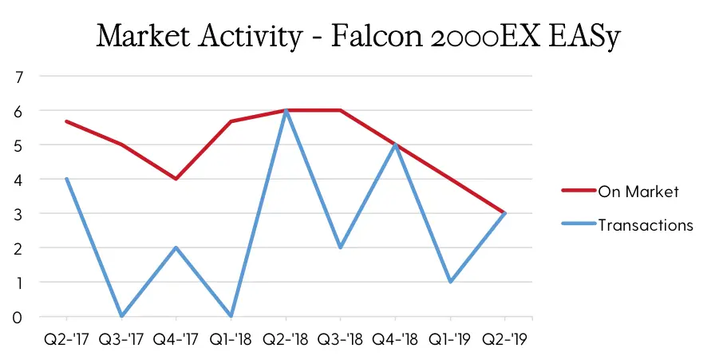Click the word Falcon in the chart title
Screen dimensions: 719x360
pos(377,36)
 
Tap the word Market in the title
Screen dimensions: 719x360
pos(144,36)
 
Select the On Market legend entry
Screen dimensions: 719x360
pos(620,192)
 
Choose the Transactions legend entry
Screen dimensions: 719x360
pos(627,225)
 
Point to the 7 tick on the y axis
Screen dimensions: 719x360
pos(18,77)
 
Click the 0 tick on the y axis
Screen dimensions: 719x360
pos(18,318)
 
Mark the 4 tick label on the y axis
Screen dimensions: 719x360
pos(18,180)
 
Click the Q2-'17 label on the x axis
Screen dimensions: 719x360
pos(66,339)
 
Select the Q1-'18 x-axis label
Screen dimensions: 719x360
pos(231,339)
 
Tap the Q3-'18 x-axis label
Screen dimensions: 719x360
pos(340,339)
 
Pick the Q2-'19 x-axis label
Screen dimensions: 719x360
pos(505,339)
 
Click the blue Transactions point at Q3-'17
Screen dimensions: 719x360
pos(121,316)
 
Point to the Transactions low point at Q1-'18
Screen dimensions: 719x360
pos(231,316)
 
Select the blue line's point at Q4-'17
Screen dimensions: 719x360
pos(176,247)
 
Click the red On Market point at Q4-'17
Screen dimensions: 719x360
pos(176,179)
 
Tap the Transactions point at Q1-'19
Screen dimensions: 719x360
pos(450,282)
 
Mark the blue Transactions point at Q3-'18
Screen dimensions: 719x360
pos(340,247)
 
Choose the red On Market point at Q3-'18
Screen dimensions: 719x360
pos(340,110)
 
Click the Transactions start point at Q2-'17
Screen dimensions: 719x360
pos(67,179)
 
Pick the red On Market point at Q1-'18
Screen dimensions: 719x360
pos(231,121)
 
